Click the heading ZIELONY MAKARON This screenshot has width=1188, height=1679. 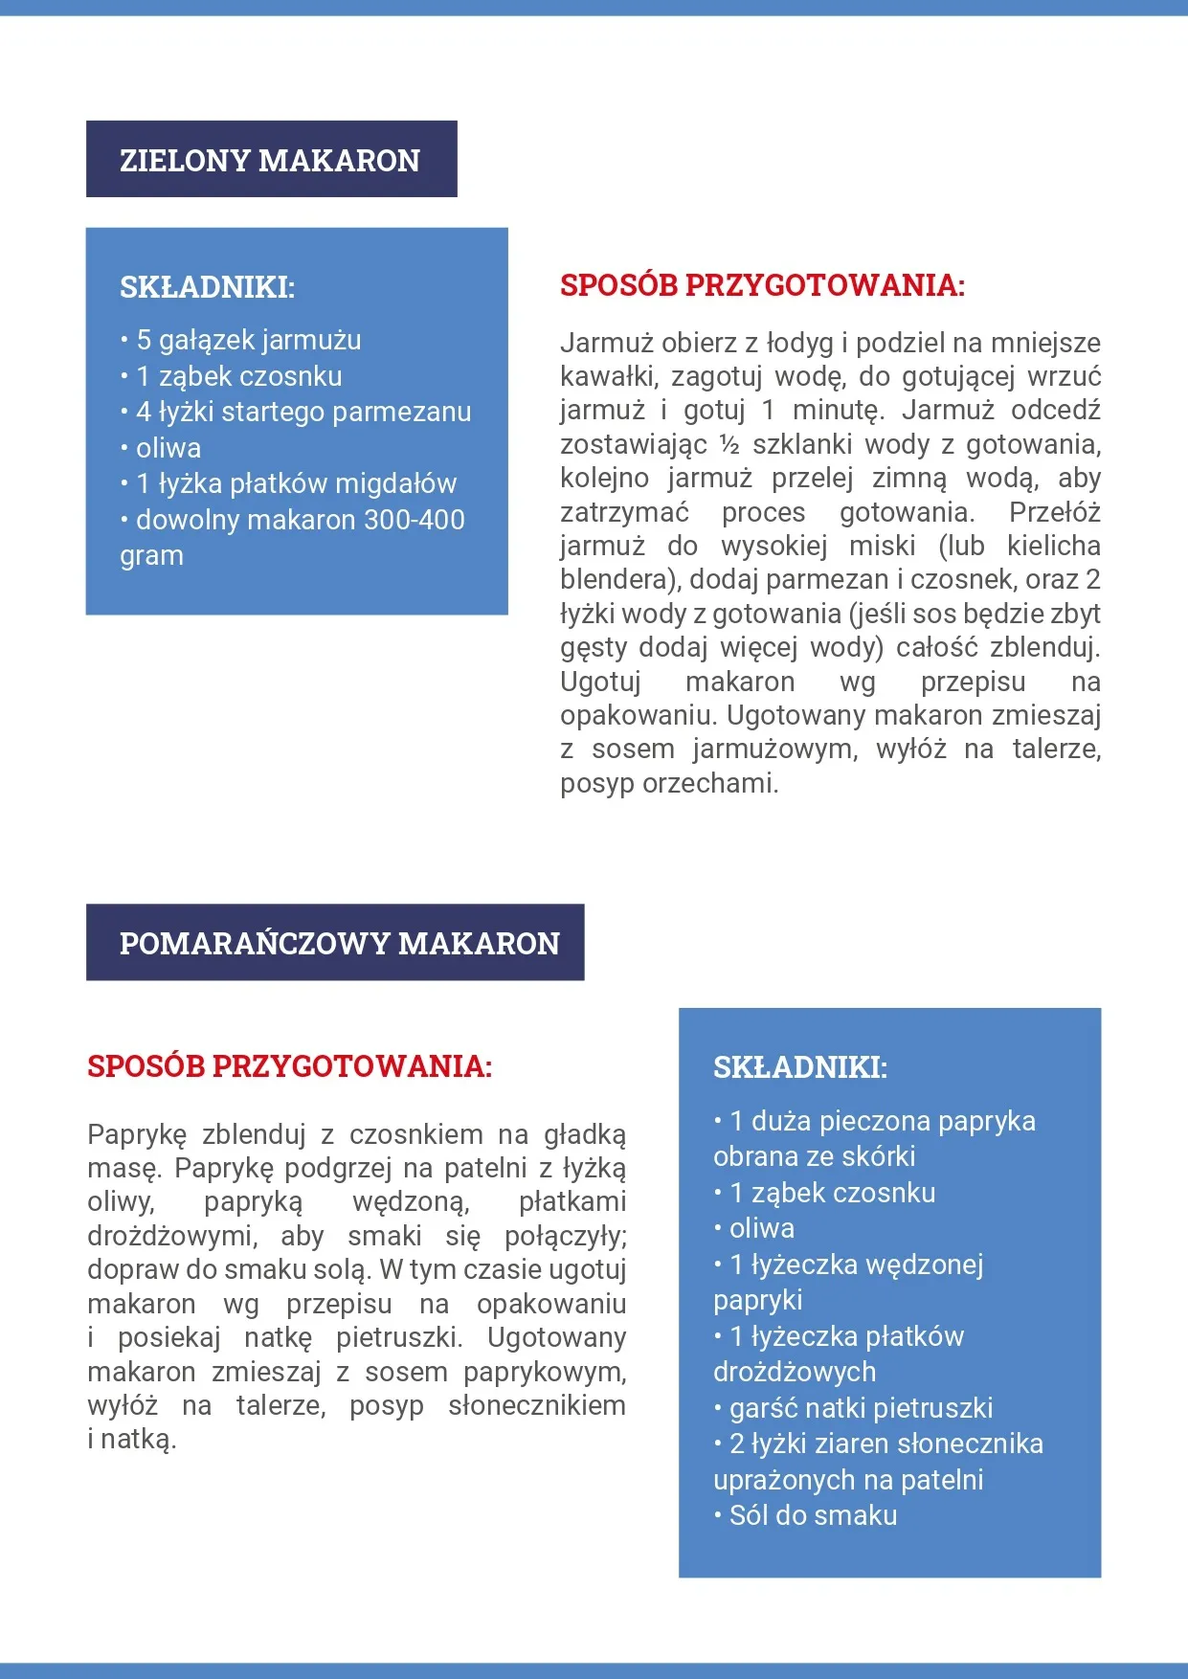pos(270,160)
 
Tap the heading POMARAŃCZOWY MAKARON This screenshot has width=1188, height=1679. pos(339,943)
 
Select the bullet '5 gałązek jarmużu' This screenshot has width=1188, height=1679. pos(235,340)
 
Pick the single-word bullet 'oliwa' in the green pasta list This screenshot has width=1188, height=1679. pos(168,448)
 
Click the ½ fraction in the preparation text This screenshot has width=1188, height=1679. pos(729,445)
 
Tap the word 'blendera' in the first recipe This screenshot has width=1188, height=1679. pos(613,580)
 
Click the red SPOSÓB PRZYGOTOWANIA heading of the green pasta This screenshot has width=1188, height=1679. pos(762,285)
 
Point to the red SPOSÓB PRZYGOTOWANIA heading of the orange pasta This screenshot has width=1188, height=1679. pos(289,1066)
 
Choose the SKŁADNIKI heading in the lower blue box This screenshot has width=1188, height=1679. pos(800,1067)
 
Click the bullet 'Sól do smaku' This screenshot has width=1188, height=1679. pos(813,1515)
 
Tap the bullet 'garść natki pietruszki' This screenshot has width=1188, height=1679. pos(861,1408)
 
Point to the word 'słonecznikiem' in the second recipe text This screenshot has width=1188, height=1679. pos(537,1405)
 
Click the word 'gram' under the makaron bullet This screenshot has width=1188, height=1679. pos(151,555)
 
